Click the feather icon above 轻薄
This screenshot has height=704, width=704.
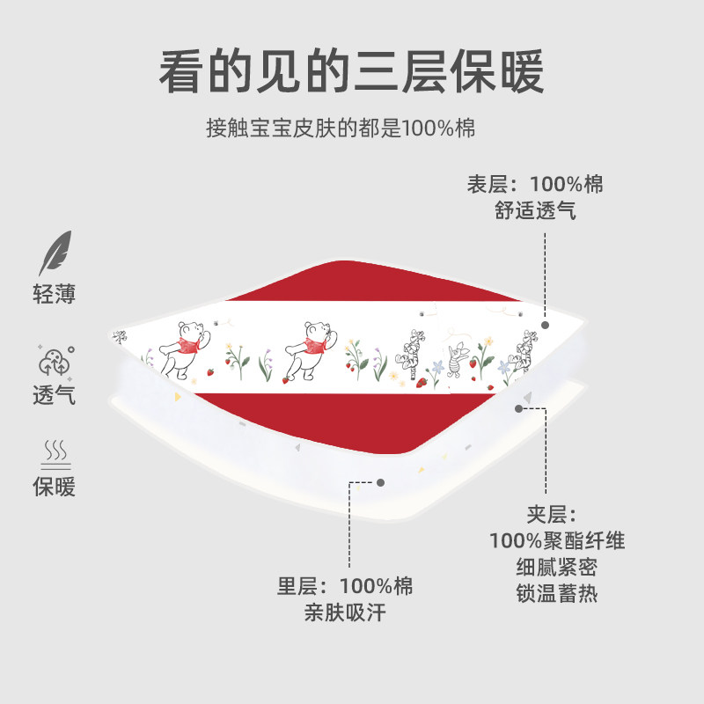(55, 253)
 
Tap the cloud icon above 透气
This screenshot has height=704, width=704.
(55, 361)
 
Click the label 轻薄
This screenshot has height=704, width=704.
(55, 294)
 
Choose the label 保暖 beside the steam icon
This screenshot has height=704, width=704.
(55, 486)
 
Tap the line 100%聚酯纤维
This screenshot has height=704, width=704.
(558, 540)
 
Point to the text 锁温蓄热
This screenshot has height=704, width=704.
(558, 593)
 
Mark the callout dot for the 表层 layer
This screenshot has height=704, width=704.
(546, 325)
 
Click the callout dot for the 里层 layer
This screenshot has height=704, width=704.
(380, 482)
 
